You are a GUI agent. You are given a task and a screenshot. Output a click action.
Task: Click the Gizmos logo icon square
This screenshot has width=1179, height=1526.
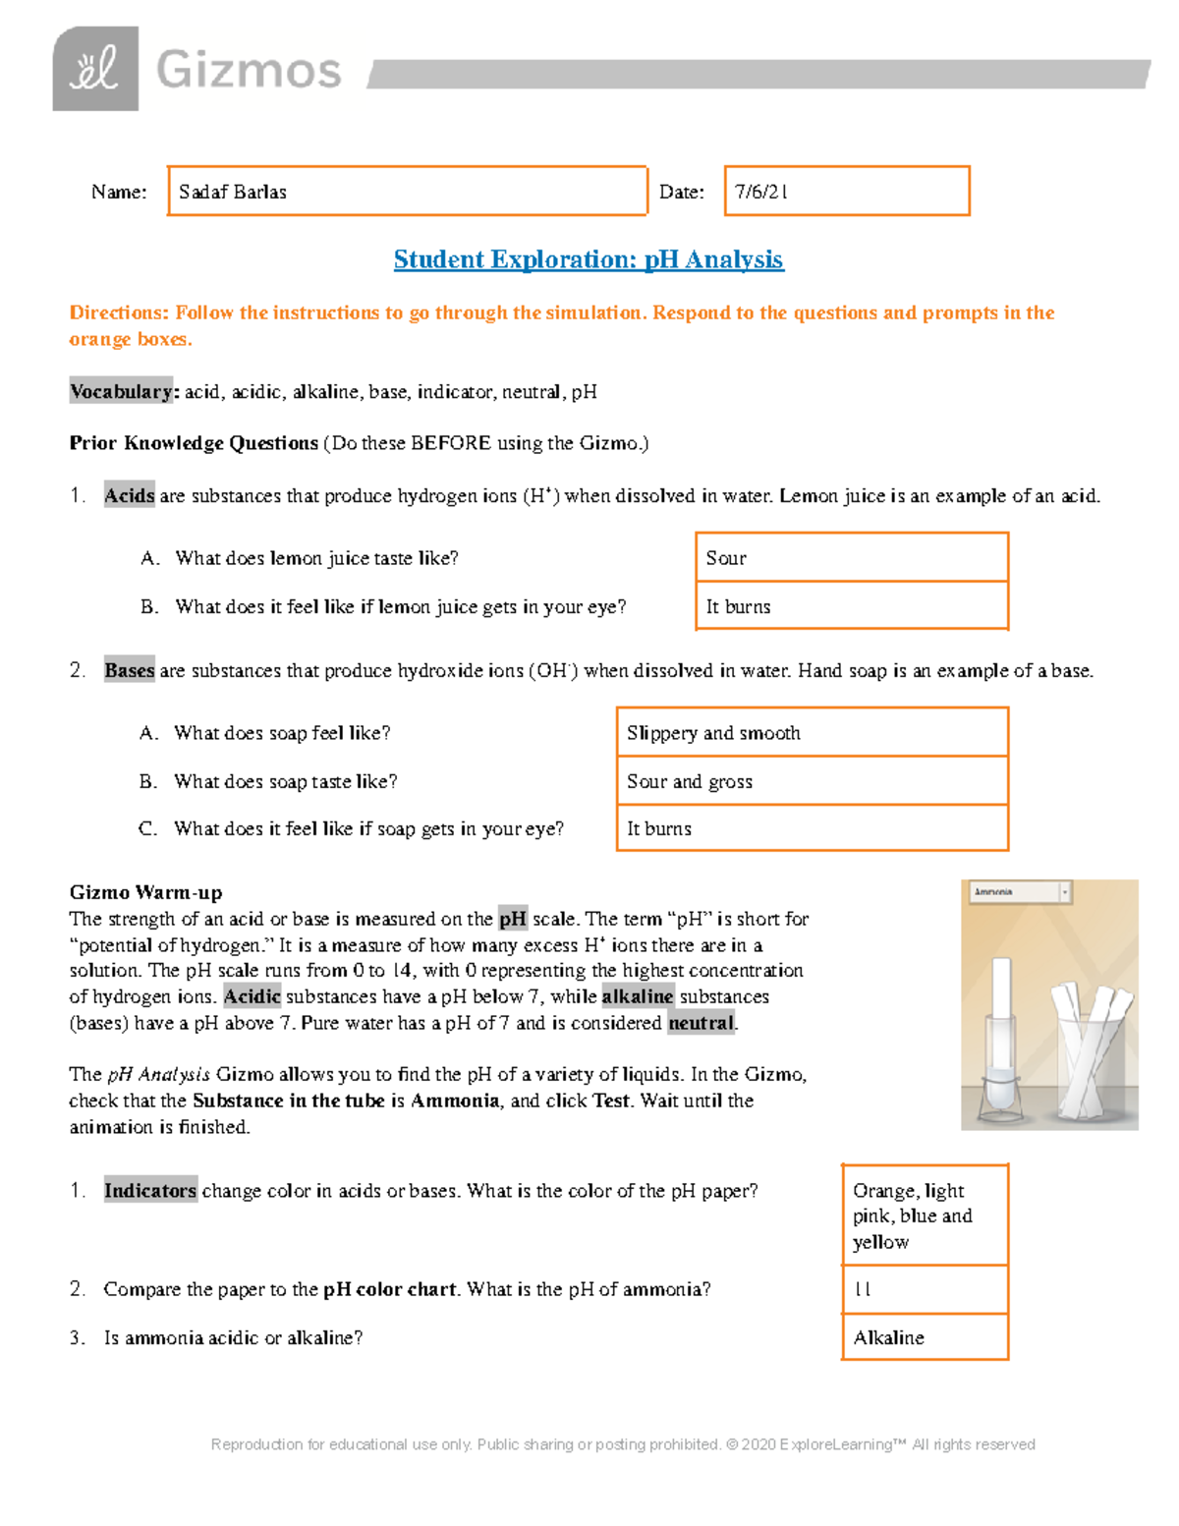pos(95,69)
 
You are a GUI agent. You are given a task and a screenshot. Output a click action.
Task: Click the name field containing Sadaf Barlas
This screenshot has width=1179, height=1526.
pos(407,191)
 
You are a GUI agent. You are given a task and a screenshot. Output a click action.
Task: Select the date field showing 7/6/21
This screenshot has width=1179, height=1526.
pos(846,191)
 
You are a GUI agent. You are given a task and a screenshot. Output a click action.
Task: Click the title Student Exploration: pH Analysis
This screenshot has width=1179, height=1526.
pos(588,259)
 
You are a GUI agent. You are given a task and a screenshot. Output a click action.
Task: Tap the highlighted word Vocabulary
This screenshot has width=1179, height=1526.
pos(121,391)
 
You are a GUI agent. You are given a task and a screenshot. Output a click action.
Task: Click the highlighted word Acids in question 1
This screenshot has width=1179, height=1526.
pos(129,496)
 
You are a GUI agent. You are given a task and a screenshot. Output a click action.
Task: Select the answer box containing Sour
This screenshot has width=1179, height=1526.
pos(851,557)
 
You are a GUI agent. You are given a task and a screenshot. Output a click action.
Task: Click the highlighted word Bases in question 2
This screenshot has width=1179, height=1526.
pos(129,671)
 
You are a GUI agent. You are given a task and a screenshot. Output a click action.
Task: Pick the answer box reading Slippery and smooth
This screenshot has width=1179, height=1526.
pos(812,732)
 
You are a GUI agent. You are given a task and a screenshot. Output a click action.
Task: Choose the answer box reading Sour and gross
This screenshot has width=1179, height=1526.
pos(812,781)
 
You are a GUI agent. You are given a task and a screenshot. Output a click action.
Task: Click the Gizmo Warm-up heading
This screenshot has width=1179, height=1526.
pos(145,892)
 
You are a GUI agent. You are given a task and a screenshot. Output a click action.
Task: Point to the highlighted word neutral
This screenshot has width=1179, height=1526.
pos(701,1023)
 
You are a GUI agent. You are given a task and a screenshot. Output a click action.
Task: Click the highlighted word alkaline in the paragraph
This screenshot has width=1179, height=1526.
pos(637,996)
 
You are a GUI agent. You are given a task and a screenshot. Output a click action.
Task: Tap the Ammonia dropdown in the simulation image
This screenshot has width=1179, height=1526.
pos(1020,892)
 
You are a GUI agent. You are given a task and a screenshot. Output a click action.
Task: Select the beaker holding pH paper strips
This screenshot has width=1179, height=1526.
pos(1093,1066)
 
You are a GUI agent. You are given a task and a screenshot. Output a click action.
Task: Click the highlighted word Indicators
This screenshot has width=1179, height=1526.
pos(150,1191)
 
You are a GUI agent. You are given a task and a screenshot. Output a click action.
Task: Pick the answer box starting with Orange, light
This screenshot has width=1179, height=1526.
pos(925,1215)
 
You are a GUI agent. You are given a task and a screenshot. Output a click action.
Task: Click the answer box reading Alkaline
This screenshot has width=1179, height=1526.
pos(925,1337)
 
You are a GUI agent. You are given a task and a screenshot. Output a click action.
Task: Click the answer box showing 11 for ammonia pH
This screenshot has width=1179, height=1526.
pos(925,1289)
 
